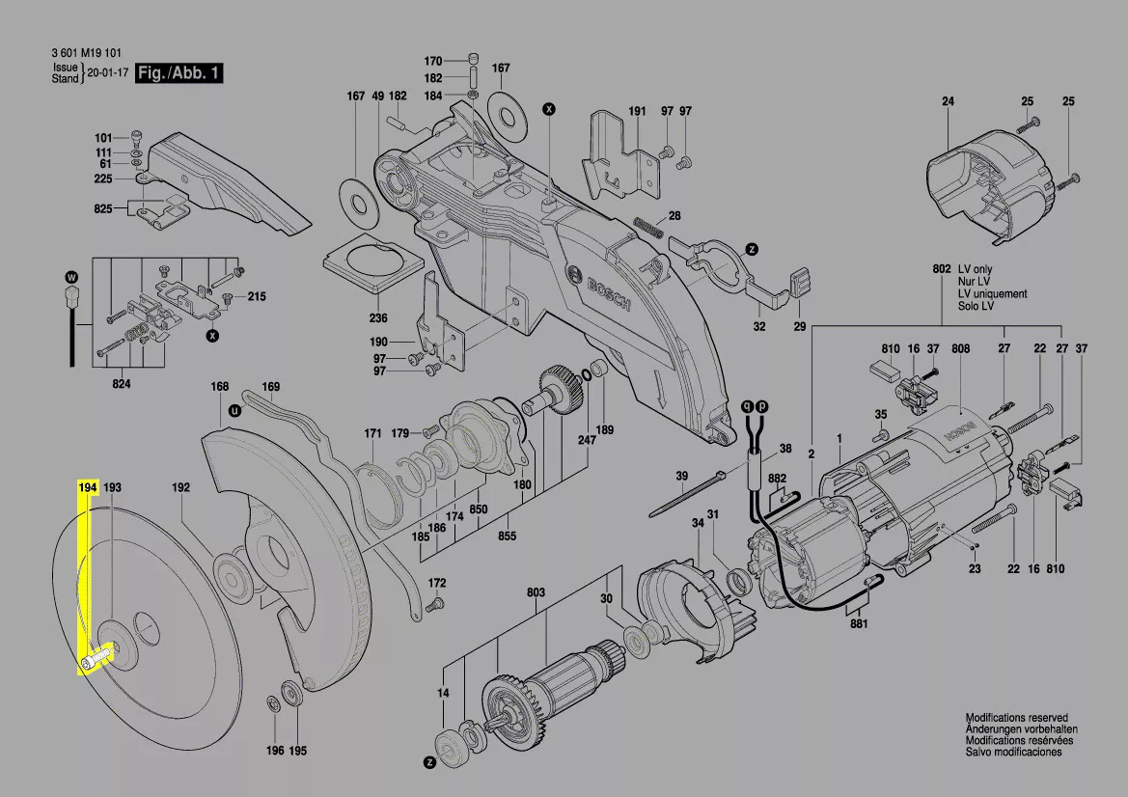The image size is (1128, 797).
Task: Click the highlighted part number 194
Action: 87,487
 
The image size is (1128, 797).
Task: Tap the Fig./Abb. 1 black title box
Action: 179,72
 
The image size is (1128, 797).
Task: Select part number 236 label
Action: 377,317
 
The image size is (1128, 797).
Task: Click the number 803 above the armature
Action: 536,592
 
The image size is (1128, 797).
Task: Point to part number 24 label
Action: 948,101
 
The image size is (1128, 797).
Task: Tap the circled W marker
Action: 71,277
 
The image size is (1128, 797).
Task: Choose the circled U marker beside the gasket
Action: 234,411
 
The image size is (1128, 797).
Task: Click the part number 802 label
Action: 942,269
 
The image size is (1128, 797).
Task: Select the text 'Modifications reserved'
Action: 1016,717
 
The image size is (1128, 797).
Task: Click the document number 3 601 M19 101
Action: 86,52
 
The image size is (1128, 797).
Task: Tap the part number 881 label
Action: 859,623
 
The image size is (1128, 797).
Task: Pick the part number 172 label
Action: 437,583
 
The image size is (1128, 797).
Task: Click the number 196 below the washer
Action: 275,751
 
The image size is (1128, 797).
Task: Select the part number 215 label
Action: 256,296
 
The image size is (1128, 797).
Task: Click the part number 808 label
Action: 960,349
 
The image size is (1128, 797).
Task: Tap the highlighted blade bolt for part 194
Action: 95,657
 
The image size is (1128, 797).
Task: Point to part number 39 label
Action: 681,476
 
